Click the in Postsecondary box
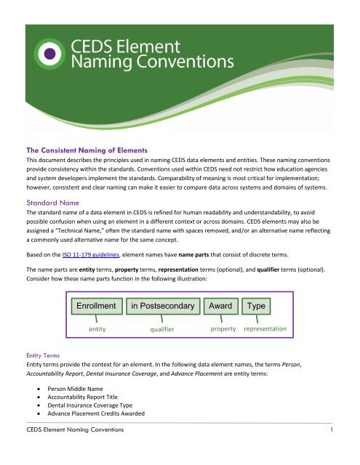(x=162, y=306)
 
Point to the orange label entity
(x=97, y=329)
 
